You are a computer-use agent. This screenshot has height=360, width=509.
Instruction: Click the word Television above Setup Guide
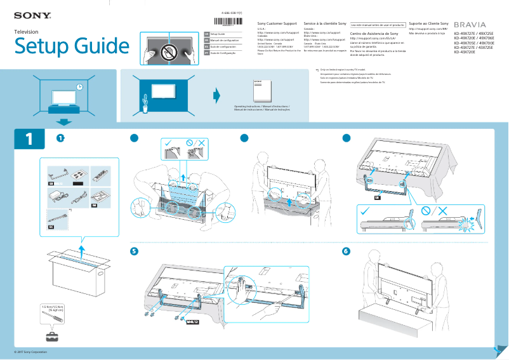tap(26, 31)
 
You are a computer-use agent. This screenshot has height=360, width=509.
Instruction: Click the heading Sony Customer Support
tap(277, 23)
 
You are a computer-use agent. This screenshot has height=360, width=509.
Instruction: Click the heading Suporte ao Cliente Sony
tap(428, 23)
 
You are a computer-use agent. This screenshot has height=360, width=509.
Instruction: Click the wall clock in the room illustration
tap(79, 86)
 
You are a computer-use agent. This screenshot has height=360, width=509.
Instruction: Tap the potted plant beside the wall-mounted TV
tap(145, 103)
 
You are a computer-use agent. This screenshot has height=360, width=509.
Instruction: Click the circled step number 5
tap(134, 251)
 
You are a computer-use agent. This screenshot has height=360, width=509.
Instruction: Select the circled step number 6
tap(346, 251)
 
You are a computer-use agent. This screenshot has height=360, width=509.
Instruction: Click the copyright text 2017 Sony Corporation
tap(31, 352)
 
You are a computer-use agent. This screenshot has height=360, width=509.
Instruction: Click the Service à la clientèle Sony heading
tap(324, 23)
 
